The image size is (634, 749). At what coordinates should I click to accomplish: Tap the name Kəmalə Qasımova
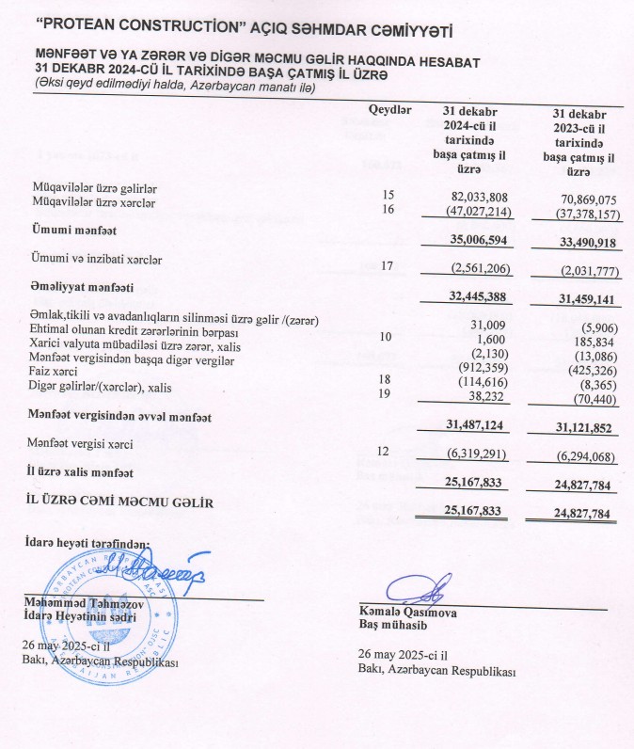click(x=403, y=612)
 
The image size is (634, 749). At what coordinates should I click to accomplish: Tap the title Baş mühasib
click(x=386, y=625)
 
